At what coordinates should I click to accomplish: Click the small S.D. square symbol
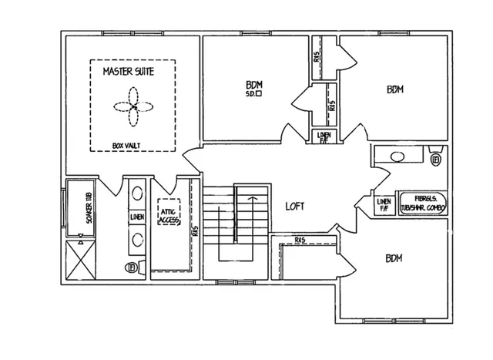260,94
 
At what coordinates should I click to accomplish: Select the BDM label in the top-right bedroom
395,89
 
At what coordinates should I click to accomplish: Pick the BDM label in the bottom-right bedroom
394,258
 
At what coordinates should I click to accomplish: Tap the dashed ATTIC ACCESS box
169,214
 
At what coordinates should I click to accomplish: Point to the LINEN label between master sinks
137,217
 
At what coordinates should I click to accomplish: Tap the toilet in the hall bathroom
435,160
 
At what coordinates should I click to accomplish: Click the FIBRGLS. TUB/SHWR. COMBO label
421,202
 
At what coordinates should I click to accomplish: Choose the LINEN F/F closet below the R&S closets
324,136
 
